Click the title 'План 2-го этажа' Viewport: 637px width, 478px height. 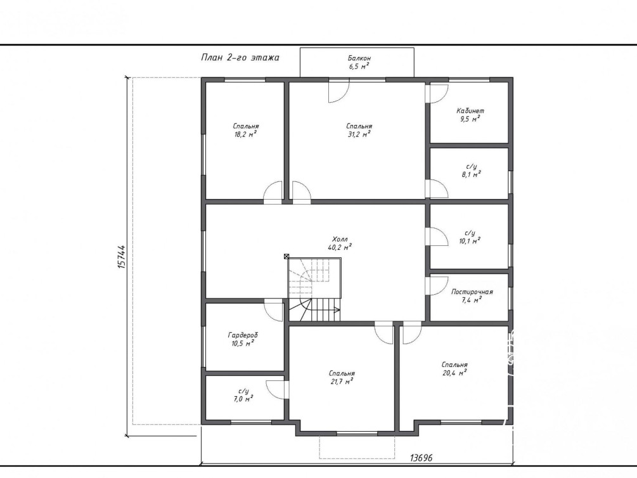[240, 58]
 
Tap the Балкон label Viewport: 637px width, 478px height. [359, 58]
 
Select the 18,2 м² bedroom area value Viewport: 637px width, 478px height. [245, 134]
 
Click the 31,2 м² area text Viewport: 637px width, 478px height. [359, 134]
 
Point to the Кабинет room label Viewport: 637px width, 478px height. [470, 110]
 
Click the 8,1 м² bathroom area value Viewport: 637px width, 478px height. [471, 175]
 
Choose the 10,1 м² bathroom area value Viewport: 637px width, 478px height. [470, 241]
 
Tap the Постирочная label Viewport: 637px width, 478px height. [472, 292]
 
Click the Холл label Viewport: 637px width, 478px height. [340, 239]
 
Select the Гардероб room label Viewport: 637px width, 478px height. [243, 335]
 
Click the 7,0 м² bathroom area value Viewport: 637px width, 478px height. [243, 399]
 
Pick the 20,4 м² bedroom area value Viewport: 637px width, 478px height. [454, 373]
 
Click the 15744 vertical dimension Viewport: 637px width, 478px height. [122, 257]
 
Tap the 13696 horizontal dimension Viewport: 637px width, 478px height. [421, 458]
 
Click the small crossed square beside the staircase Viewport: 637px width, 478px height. [286, 257]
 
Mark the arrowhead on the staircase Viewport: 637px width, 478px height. [337, 310]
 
